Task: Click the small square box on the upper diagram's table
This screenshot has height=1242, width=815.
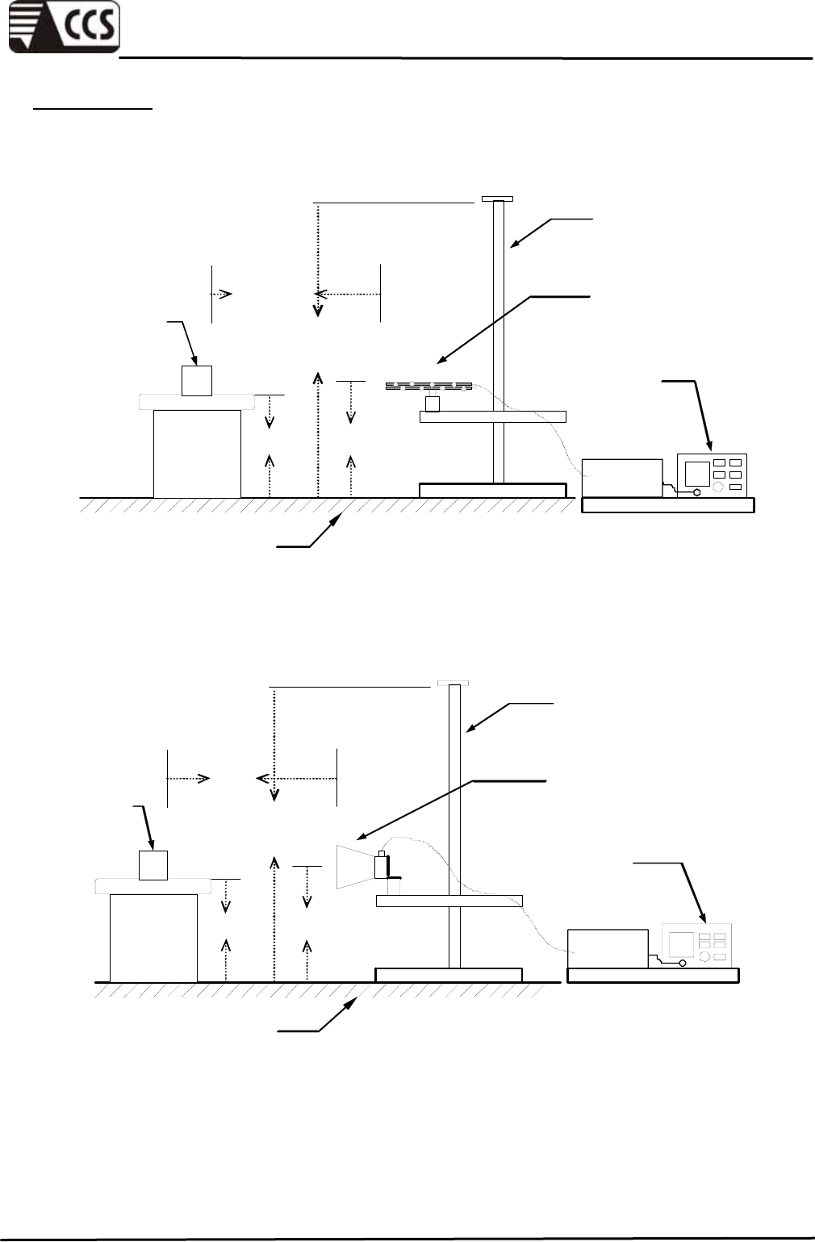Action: point(196,380)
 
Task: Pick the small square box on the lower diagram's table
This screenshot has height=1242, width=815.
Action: point(153,865)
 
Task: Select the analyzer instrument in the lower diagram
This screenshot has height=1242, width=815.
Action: point(696,945)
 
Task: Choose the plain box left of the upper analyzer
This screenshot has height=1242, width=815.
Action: point(622,478)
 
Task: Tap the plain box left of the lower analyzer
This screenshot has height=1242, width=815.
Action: point(608,949)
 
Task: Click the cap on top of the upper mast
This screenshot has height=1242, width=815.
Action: point(497,198)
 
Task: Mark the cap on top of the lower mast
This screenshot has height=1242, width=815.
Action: point(453,683)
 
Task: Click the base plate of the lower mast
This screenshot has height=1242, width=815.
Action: point(449,975)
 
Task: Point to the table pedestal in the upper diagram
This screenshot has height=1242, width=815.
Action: point(197,453)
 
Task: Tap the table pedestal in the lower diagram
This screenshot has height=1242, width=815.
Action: point(153,937)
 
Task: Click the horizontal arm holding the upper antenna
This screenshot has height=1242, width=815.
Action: point(493,417)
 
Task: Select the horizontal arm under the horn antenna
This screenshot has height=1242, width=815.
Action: point(449,901)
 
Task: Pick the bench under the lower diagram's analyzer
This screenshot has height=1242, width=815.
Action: point(653,976)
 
